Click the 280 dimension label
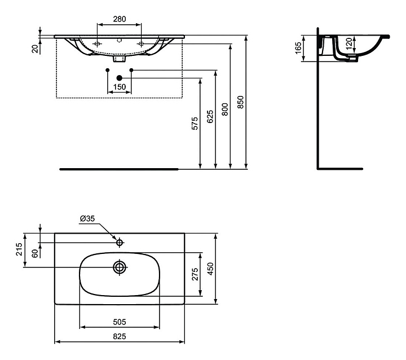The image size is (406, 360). pos(119,19)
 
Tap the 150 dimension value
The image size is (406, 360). pos(119,87)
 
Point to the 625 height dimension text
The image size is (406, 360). pos(210,116)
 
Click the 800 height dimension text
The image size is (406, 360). pos(224,109)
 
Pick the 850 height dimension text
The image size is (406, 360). pos(241,102)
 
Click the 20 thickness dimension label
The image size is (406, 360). pos(35,48)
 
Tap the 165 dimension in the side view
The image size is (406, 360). pos(298,47)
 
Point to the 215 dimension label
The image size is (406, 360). pos(19,249)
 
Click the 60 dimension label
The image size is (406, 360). pos(34,253)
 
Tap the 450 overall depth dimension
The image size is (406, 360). pos(211,268)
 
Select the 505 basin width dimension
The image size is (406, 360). pos(119,322)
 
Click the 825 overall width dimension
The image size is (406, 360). pos(119,336)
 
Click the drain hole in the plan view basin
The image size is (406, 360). pos(120,267)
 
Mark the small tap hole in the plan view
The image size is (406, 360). pos(120,243)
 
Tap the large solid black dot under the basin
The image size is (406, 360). pos(119,77)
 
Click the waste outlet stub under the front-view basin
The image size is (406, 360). pos(119,58)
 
